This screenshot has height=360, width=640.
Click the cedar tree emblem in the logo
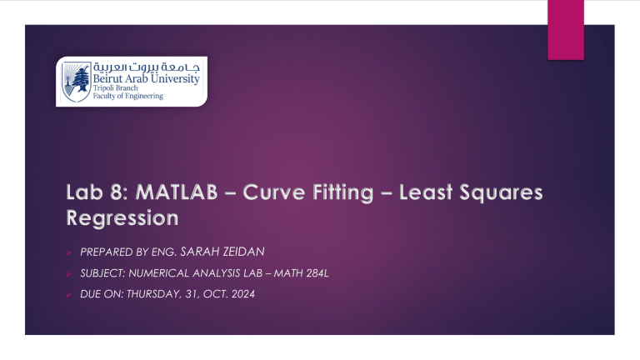(x=77, y=82)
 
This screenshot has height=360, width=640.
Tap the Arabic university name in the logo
(x=147, y=67)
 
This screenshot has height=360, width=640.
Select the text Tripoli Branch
(x=116, y=87)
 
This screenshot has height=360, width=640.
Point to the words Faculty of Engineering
(x=128, y=96)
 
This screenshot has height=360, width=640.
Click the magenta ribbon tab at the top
(x=566, y=30)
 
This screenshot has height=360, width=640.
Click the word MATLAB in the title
(x=177, y=192)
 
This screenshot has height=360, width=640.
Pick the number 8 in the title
(x=119, y=192)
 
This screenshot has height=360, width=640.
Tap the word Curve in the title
(x=273, y=192)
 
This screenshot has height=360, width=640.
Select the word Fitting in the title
(x=342, y=193)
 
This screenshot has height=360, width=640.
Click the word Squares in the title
(x=501, y=193)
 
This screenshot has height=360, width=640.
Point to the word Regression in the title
(x=122, y=218)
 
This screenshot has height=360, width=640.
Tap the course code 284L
(x=317, y=273)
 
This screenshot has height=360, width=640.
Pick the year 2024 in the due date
(x=242, y=294)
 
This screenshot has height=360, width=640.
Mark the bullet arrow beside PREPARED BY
(x=68, y=252)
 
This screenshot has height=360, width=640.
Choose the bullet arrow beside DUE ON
(x=68, y=295)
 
